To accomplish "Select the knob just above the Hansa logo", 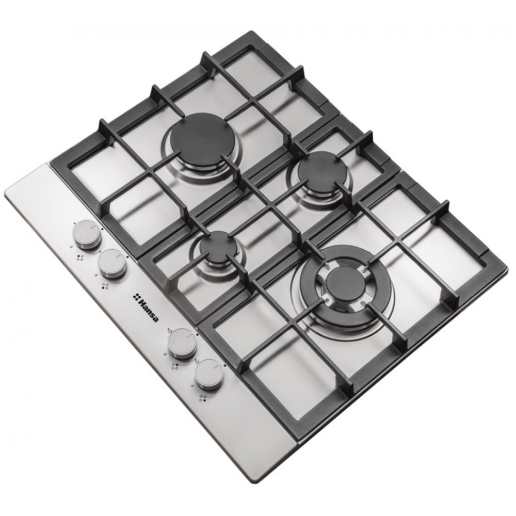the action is coord(111,264).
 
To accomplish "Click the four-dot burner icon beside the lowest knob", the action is coord(203,399).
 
